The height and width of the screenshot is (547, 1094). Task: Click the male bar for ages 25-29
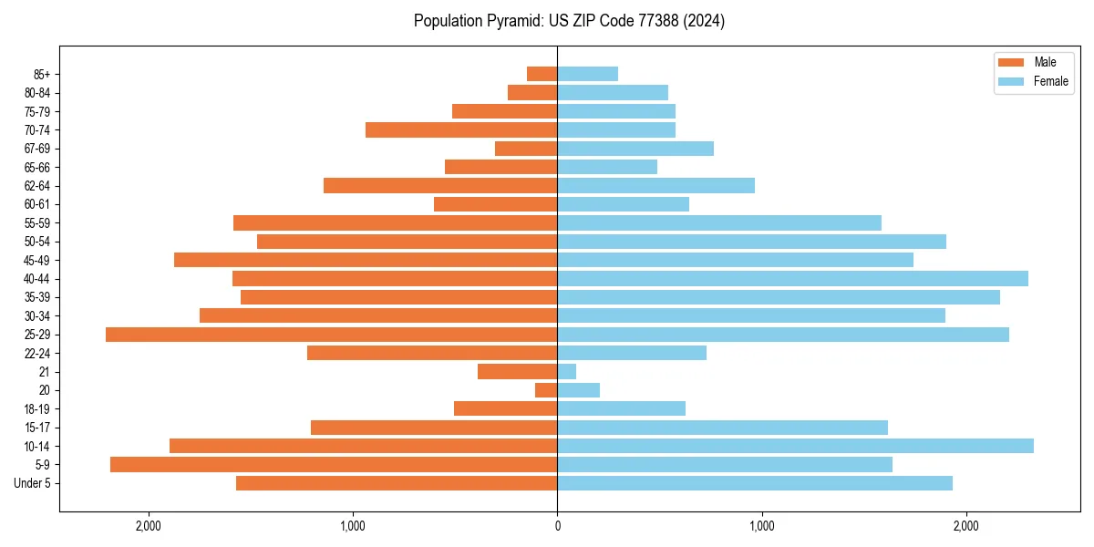(x=331, y=335)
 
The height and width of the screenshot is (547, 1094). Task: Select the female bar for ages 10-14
(x=795, y=446)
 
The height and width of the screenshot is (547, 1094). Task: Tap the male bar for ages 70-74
(x=461, y=130)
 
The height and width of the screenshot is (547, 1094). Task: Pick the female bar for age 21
(x=566, y=372)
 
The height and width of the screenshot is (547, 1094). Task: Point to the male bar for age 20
(x=546, y=390)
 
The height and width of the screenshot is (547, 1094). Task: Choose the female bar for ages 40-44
(x=792, y=279)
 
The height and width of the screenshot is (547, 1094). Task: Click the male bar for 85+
(x=542, y=74)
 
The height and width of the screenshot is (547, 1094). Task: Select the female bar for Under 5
(x=755, y=483)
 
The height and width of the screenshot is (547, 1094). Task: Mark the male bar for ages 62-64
(x=440, y=186)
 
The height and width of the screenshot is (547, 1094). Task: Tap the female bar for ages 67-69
(x=635, y=149)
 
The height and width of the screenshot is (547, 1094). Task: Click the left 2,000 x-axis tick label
(x=148, y=526)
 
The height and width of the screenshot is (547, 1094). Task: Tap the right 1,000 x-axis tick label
(x=761, y=526)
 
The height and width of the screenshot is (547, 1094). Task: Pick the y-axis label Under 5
(x=33, y=483)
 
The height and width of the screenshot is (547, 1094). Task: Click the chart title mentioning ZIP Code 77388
(x=569, y=21)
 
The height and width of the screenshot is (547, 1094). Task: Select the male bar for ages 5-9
(x=334, y=465)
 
